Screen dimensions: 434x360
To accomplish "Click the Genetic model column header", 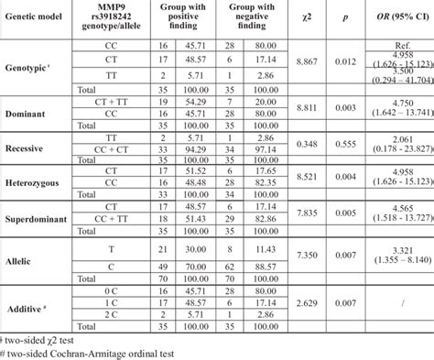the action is tap(36, 16).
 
